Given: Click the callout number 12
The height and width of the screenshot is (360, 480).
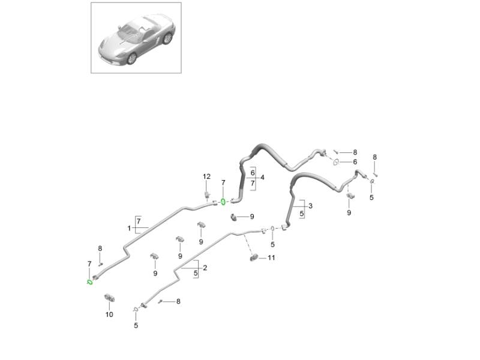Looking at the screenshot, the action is coord(206,176).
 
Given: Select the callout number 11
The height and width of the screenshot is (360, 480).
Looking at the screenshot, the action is coord(271,258).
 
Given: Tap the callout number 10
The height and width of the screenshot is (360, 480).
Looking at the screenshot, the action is coord(109,314).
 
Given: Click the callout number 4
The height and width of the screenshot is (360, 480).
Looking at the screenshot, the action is coord(262,178).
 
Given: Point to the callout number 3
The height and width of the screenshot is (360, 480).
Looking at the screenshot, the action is coord(310,206).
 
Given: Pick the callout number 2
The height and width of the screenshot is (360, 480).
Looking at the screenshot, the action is coord(205,268).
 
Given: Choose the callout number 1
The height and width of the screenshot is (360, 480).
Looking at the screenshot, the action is coord(129,229).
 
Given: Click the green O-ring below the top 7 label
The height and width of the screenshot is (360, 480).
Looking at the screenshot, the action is coord(223,202).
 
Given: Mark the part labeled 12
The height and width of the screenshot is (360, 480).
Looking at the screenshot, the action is coord(207,194).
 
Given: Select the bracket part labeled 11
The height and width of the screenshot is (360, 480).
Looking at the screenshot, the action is coord(253,258).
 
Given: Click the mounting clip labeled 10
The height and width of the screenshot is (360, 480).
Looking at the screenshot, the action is coord(109,297).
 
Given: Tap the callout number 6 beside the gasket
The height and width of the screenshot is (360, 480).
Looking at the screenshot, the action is coord(355,162).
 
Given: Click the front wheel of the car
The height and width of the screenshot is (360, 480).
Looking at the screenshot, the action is coord(132,58).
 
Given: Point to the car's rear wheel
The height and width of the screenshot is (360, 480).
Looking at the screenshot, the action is coord(167,38).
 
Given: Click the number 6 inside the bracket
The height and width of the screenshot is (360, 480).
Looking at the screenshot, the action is coord(253,173).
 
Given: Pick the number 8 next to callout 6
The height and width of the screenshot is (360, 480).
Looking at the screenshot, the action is coord(355,152).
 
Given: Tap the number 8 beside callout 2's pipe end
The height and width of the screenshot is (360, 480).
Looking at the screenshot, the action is coord(178,302).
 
